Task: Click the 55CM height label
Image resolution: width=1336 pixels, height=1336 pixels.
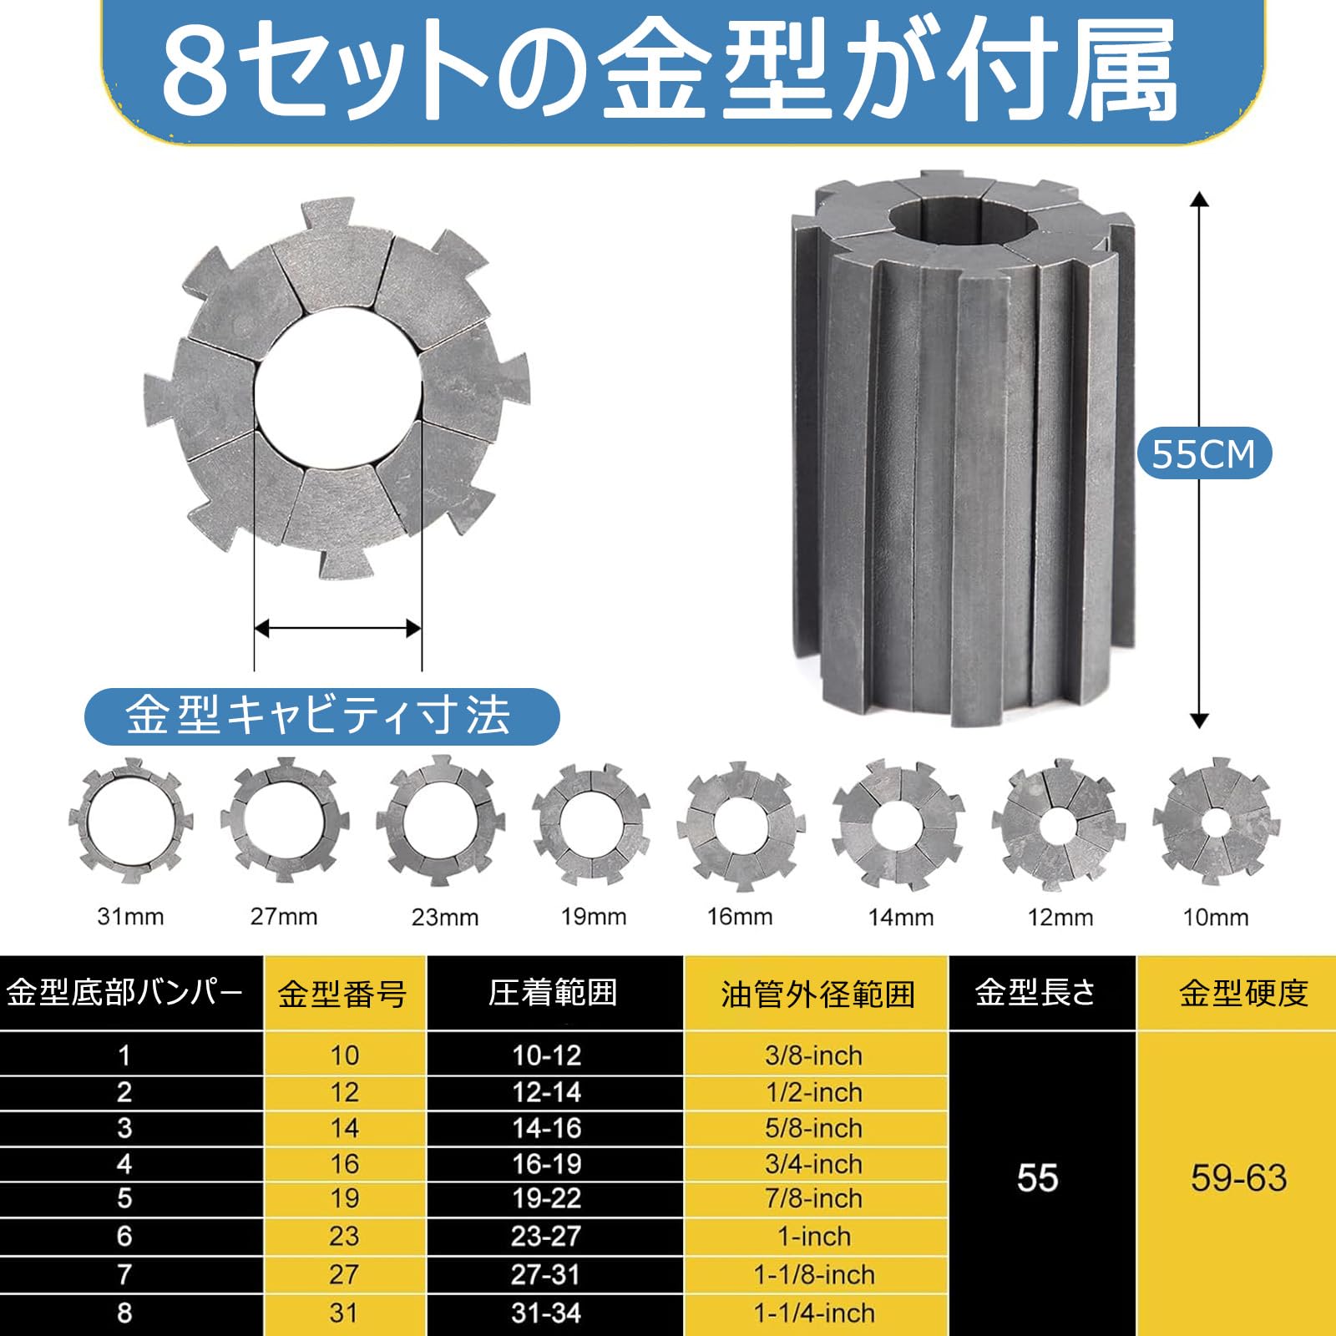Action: (1203, 454)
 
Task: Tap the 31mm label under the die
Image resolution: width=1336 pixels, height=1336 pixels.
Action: (130, 917)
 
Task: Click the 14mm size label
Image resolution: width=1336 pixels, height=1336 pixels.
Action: (901, 918)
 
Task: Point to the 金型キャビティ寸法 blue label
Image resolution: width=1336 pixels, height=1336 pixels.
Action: (321, 716)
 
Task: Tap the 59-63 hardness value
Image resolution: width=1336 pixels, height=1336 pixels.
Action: (1239, 1178)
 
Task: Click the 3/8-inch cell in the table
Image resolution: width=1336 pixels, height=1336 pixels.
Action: (813, 1055)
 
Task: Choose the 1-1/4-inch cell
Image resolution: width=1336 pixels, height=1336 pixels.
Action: (814, 1313)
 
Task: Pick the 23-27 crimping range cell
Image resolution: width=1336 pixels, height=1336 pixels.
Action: (546, 1236)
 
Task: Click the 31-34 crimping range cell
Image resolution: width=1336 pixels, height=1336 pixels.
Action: (546, 1313)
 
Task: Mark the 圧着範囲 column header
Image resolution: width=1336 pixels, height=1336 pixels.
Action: (553, 993)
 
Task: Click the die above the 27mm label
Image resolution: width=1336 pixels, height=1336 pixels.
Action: (284, 820)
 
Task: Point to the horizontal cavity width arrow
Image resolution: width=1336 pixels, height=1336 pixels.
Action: (337, 628)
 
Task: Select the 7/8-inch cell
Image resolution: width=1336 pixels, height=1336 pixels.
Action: (813, 1198)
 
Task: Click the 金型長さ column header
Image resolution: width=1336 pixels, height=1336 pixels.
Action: (1035, 993)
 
